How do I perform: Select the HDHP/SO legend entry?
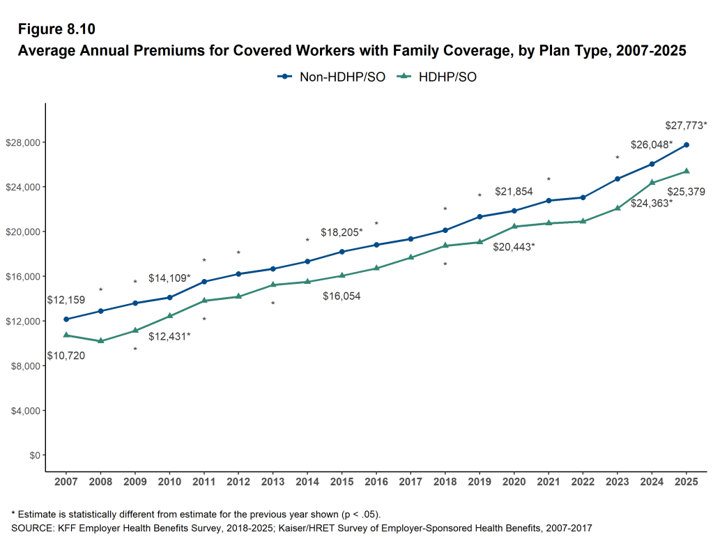coord(437,77)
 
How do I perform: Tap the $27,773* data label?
coord(686,126)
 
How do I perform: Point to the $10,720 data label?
coord(66,356)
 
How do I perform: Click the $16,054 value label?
coord(342,296)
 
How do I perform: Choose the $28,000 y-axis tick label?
coord(22,142)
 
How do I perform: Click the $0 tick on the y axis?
coord(32,455)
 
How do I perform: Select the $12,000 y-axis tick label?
coord(22,321)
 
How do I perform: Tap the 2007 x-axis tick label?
coord(66,482)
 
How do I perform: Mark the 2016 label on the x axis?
coord(376,482)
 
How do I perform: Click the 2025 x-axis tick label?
coord(687,482)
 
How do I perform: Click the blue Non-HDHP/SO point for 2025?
coord(687,145)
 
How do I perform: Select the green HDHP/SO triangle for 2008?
coord(100,340)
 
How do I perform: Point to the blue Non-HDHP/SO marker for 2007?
coord(66,319)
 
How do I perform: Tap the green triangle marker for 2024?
coord(652,183)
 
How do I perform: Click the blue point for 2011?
coord(204,282)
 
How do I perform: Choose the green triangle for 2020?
coord(514,226)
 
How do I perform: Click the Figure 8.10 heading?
coord(56,29)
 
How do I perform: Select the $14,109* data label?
coord(169,278)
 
